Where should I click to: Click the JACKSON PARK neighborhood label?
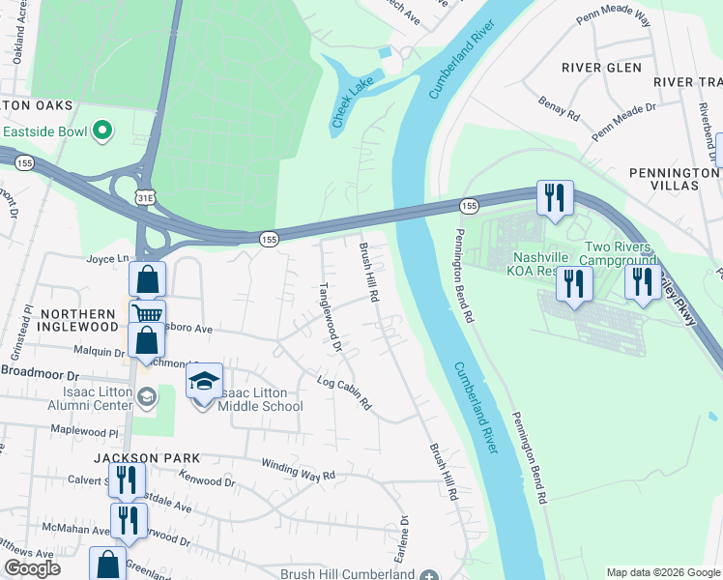pos(147,457)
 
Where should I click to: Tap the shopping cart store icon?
pos(146,313)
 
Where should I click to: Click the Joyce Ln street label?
pos(107,259)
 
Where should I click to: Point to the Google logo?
pos(32,568)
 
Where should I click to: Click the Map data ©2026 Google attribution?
pos(662,571)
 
